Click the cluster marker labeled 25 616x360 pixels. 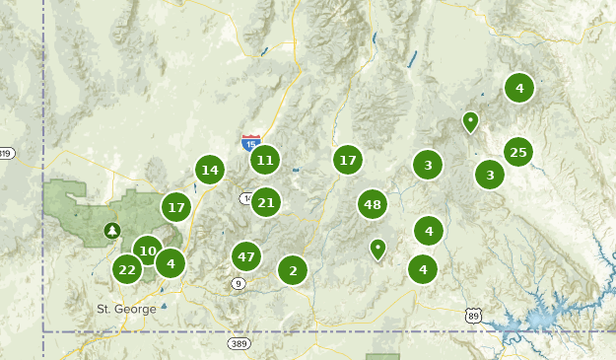coord(518,152)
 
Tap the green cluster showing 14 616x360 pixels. coord(209,170)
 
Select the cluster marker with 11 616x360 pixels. coord(264,160)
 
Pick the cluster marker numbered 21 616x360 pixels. coord(265,203)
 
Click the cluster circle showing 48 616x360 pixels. coord(372,205)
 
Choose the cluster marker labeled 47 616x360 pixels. coord(246,257)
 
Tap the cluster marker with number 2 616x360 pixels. coord(293,269)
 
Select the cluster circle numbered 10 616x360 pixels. coord(148,251)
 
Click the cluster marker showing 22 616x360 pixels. coord(127,269)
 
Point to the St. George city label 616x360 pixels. coord(126,309)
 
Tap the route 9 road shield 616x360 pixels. coord(239,284)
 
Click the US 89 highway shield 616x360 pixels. coord(473,315)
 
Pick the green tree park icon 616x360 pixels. coord(112,231)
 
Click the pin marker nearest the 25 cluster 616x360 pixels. coord(470,122)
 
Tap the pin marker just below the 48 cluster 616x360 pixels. coord(377,248)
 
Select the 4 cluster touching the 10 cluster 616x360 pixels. coord(171,263)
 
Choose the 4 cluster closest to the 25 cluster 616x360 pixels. coord(519,88)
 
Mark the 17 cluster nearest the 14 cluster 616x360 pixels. coord(176,208)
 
